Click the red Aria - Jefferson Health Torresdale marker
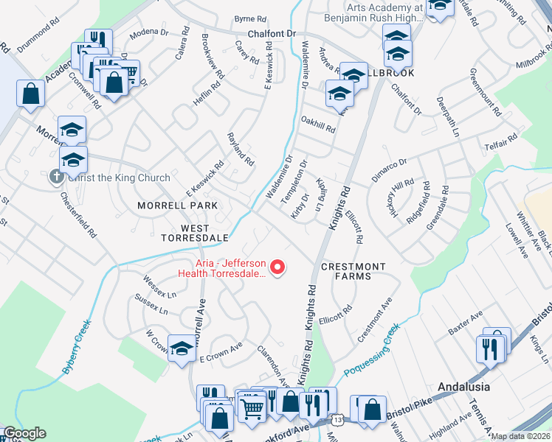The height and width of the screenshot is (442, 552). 278,267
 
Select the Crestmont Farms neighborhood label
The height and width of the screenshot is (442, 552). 353,272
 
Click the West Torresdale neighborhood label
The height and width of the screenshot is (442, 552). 185,233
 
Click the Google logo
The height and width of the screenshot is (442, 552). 24,434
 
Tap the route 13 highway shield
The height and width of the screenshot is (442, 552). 337,420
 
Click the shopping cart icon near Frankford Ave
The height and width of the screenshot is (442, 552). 252,406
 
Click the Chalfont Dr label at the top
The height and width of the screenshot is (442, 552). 271,34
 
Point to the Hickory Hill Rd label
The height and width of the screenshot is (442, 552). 404,200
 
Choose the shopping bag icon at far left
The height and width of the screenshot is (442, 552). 30,93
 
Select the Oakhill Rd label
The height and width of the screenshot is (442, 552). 318,124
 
